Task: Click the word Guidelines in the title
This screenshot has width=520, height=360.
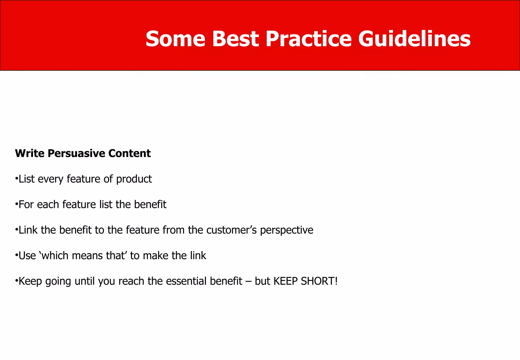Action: (x=414, y=39)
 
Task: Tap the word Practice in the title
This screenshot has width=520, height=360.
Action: (x=308, y=39)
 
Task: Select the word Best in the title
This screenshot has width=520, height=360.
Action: (x=235, y=39)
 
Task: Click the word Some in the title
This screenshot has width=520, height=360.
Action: (x=175, y=39)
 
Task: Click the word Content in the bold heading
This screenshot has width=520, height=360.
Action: (x=129, y=153)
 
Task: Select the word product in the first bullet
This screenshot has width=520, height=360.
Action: (x=134, y=179)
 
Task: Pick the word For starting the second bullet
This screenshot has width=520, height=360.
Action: (x=26, y=205)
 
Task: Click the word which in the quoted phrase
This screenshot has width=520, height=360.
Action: (x=55, y=256)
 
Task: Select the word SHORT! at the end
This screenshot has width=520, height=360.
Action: (x=319, y=281)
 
